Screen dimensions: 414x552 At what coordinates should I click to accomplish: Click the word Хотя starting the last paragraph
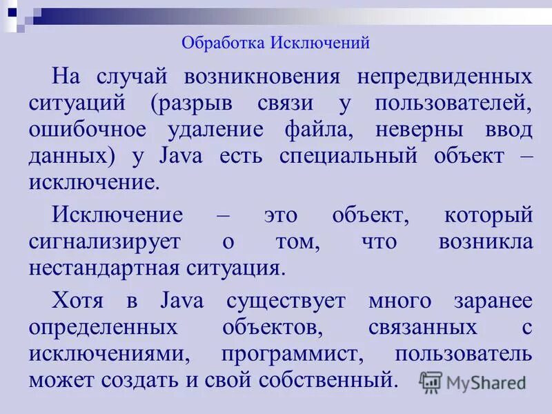79,301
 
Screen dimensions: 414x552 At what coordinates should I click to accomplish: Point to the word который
489,215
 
